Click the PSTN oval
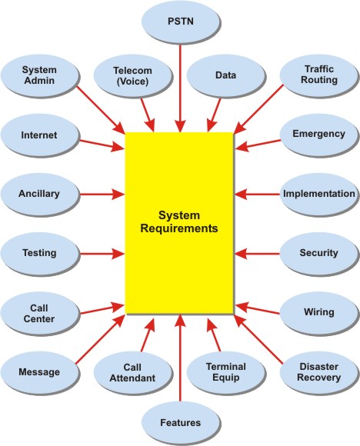click(181, 22)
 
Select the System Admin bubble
click(39, 75)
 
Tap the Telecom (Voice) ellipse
click(132, 75)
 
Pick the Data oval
click(225, 75)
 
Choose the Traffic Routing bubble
click(319, 75)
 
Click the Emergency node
click(319, 135)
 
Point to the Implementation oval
click(319, 195)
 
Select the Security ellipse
click(319, 254)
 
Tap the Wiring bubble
click(319, 313)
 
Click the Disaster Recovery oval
click(319, 372)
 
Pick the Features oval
click(181, 423)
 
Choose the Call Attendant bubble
click(132, 372)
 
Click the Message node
click(39, 372)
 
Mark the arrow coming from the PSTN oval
click(180, 88)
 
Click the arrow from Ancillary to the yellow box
click(102, 195)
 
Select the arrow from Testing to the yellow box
click(102, 254)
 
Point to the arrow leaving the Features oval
click(180, 358)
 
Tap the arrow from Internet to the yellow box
click(102, 145)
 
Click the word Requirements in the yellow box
click(179, 228)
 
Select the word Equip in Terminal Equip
click(226, 378)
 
